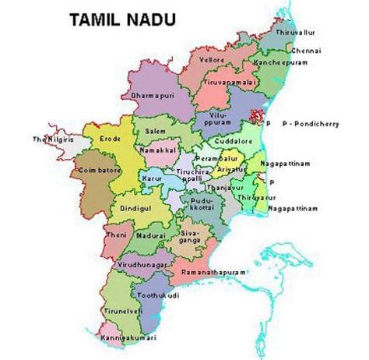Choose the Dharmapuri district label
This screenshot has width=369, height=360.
tap(150, 96)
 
